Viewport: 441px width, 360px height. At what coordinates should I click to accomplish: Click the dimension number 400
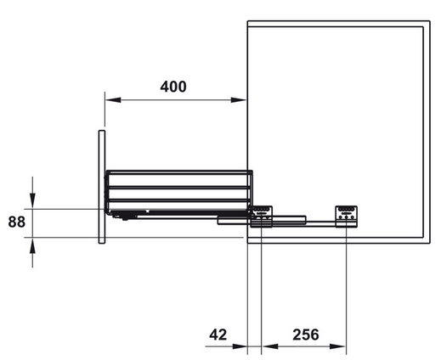pyautogui.click(x=173, y=87)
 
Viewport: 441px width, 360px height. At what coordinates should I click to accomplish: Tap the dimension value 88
pyautogui.click(x=17, y=222)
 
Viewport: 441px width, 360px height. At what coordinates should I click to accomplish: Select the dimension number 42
pyautogui.click(x=218, y=335)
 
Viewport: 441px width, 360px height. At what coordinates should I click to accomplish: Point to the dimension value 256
pyautogui.click(x=306, y=335)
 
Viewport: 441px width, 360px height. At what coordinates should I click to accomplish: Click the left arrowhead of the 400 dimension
pyautogui.click(x=113, y=100)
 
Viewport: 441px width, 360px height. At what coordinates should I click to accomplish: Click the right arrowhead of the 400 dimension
pyautogui.click(x=239, y=100)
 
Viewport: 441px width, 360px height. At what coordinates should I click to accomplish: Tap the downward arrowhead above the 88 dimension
pyautogui.click(x=32, y=201)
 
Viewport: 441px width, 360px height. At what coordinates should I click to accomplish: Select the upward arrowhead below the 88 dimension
pyautogui.click(x=32, y=245)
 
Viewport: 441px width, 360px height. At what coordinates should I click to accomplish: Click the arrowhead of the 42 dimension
pyautogui.click(x=240, y=346)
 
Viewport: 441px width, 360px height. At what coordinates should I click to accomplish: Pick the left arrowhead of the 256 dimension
pyautogui.click(x=269, y=346)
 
